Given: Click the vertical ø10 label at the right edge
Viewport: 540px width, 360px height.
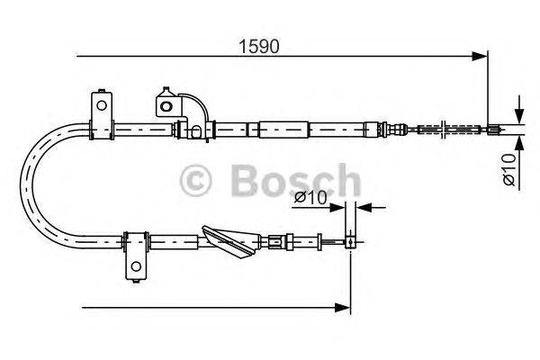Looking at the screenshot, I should click(509, 170).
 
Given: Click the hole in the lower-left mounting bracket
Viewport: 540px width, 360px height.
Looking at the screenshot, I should click(135, 267).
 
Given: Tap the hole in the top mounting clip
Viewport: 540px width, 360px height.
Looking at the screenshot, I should click(165, 105).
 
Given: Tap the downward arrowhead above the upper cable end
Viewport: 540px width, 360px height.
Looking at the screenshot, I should click(519, 118).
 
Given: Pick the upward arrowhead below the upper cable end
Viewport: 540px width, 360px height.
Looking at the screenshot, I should click(519, 140).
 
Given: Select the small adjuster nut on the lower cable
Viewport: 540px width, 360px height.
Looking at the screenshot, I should click(277, 240).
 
